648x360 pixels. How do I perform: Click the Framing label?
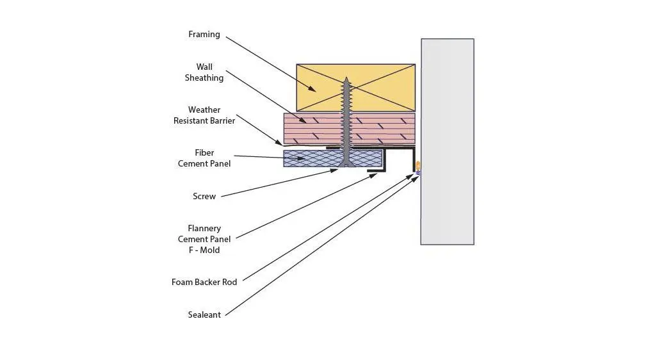click(x=204, y=35)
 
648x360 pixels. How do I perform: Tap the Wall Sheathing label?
click(x=204, y=72)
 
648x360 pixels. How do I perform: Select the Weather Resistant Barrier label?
click(x=204, y=115)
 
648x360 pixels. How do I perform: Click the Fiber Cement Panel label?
click(x=204, y=158)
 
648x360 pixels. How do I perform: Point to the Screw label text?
click(x=204, y=196)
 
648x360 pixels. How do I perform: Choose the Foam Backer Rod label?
click(x=204, y=282)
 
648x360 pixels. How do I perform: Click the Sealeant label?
click(x=204, y=315)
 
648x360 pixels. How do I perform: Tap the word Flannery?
click(x=204, y=229)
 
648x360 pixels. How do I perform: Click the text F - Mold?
click(x=204, y=250)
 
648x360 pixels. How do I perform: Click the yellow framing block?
click(x=356, y=88)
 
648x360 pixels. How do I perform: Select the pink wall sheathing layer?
click(x=349, y=129)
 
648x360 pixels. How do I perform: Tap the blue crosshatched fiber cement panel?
click(x=333, y=158)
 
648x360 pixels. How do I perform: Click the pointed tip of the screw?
click(x=346, y=78)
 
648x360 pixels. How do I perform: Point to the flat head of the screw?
click(x=346, y=165)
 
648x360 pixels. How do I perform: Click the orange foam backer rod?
click(x=418, y=166)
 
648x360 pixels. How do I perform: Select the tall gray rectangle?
click(x=448, y=142)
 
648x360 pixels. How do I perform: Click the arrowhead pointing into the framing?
click(x=312, y=88)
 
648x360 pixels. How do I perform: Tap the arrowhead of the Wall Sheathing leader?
click(x=302, y=120)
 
